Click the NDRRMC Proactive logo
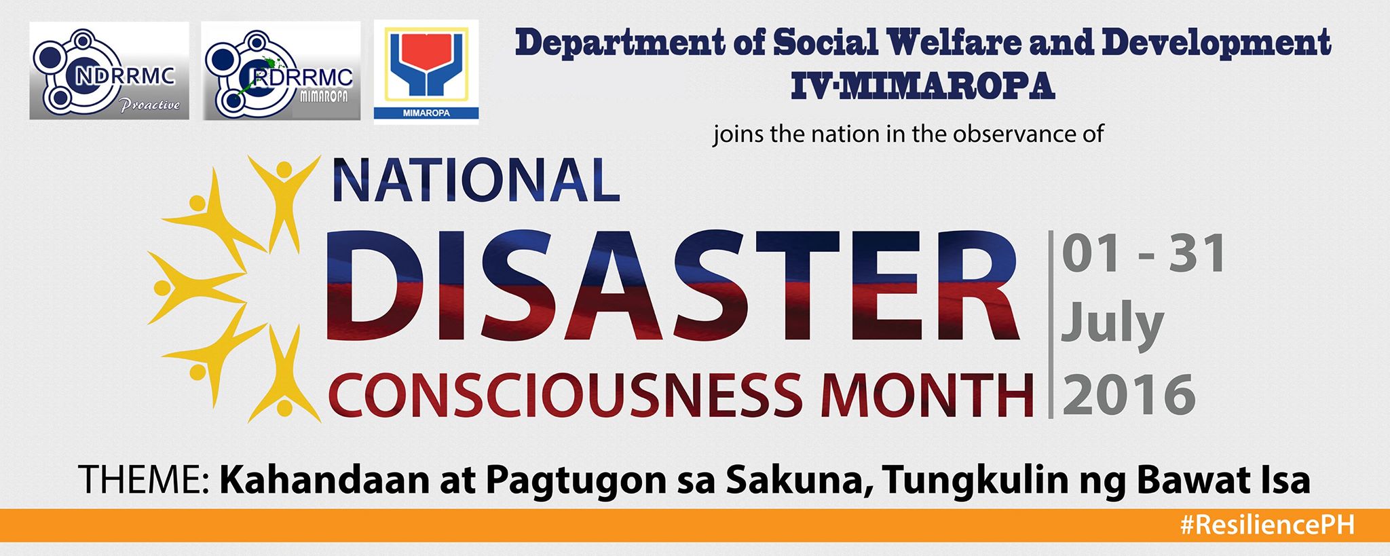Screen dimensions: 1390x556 109,71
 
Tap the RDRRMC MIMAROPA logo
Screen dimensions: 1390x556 281,71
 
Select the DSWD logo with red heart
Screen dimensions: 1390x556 426,72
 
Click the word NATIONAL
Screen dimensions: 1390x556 476,181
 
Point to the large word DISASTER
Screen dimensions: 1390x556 673,284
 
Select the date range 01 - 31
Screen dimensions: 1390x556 1144,253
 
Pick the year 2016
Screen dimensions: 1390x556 1129,395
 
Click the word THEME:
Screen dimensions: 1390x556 144,479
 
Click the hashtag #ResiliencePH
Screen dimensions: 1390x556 1266,525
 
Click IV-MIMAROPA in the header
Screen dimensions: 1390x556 923,86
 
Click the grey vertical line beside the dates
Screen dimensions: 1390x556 1051,325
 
